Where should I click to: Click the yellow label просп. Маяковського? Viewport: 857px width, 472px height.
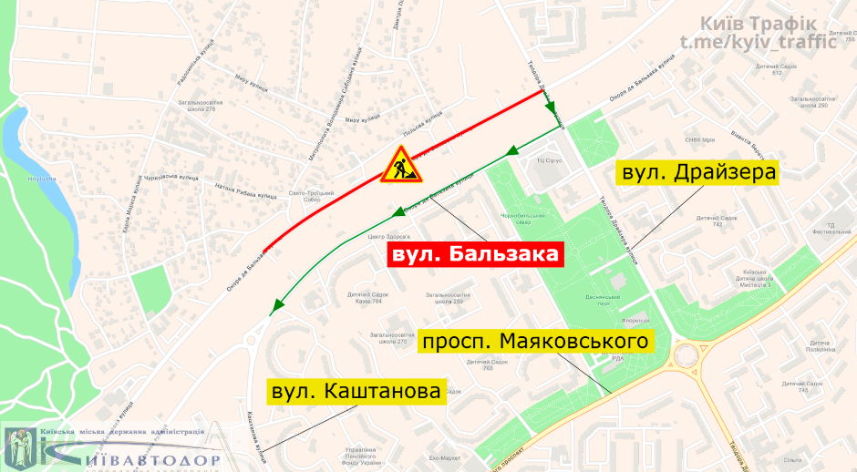pos(537,343)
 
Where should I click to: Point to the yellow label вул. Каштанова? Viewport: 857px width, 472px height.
pos(356,392)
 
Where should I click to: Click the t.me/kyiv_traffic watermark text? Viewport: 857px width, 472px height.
pos(757,41)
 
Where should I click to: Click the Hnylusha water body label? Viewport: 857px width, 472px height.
pos(41,180)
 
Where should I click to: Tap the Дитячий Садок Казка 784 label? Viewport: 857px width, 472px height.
pos(365,297)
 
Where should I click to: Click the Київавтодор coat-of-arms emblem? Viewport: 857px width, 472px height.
pos(18,446)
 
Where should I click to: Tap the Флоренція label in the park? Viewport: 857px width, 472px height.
pos(635,321)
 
